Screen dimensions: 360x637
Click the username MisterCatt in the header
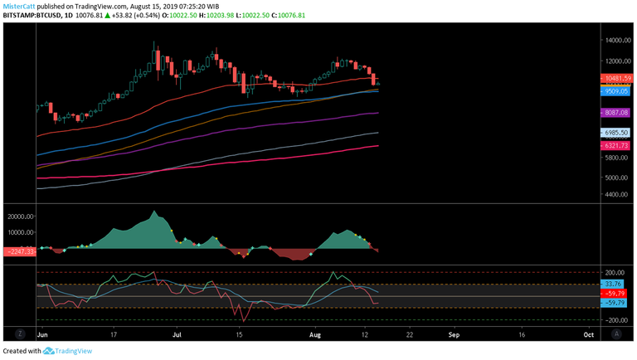18,5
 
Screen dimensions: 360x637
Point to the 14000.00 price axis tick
616,40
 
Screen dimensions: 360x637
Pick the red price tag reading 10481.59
618,78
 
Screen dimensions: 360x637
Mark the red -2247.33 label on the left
18,251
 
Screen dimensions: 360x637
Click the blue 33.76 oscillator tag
614,285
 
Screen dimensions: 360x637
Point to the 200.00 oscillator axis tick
615,272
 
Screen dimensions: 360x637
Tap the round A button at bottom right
616,333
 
